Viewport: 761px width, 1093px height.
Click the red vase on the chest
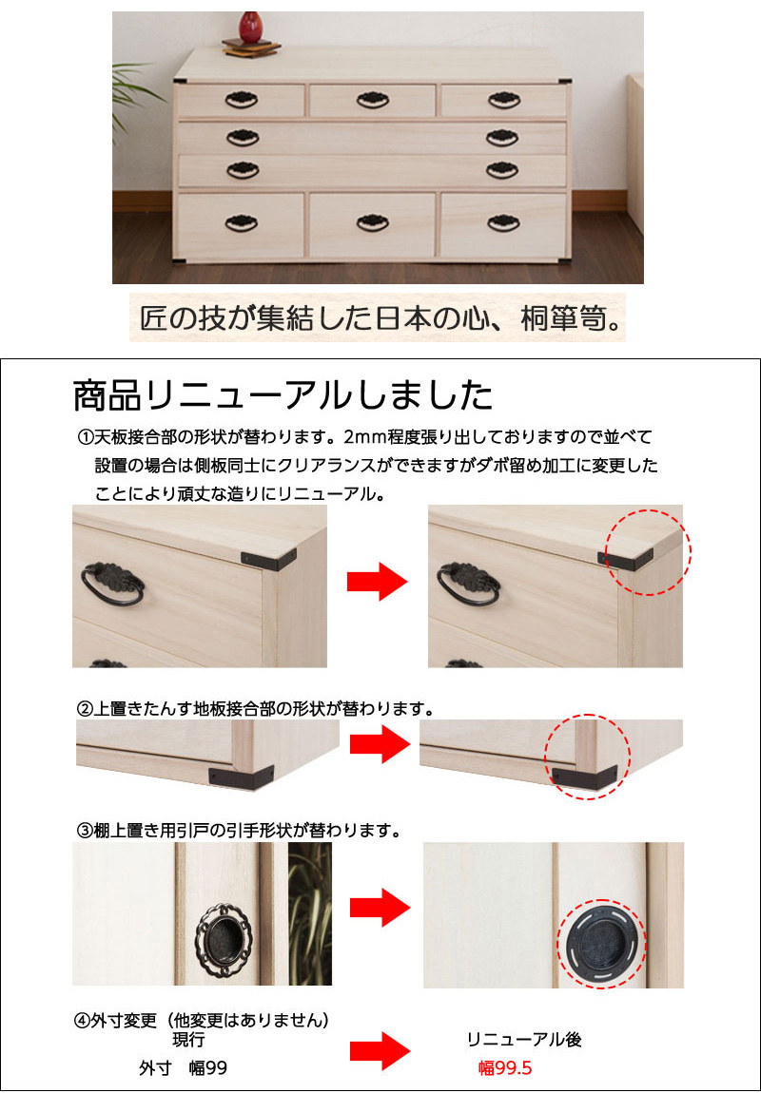[x=250, y=27]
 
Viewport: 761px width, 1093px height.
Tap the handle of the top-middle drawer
[x=373, y=101]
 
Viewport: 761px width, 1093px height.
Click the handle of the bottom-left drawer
[x=242, y=223]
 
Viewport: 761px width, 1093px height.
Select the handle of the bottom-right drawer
[x=503, y=223]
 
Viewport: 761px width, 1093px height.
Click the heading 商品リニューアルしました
[x=283, y=395]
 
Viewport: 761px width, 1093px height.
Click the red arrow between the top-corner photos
[x=377, y=582]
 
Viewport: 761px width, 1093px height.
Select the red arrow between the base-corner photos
[x=380, y=744]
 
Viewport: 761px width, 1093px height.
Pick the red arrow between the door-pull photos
[x=380, y=908]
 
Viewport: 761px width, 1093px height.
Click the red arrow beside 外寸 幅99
[x=380, y=1051]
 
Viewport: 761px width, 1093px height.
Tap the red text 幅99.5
[x=505, y=1068]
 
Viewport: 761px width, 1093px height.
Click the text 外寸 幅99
[x=183, y=1068]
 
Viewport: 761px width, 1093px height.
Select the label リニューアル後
[x=524, y=1040]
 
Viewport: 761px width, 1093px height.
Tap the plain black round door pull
[x=600, y=944]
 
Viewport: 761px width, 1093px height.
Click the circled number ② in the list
[x=84, y=710]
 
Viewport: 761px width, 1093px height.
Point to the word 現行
[x=188, y=1040]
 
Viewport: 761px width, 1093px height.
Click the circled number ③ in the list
[x=84, y=831]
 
